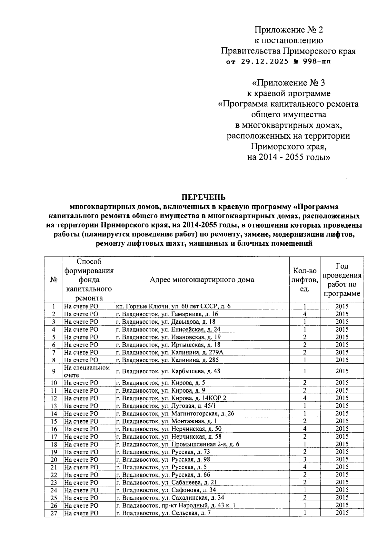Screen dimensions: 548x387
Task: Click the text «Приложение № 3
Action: click(288, 83)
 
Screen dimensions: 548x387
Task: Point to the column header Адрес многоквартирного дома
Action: click(202, 280)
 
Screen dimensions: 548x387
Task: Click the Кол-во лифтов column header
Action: click(304, 280)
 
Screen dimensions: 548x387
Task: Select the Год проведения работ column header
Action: click(342, 280)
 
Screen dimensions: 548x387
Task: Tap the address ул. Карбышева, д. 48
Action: click(168, 371)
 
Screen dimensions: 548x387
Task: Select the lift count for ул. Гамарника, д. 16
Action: click(304, 314)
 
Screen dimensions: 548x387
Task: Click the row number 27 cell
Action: click(54, 513)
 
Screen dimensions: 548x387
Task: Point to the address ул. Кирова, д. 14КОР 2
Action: click(171, 398)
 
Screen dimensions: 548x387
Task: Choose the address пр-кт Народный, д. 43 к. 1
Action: click(176, 505)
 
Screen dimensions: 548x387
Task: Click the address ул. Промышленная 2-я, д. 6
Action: click(178, 444)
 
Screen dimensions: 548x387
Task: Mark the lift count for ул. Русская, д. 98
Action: click(304, 459)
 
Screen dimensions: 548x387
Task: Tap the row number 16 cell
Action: click(54, 429)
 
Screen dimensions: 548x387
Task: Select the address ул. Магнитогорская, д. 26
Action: click(175, 414)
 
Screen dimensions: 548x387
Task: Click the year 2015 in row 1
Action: click(342, 306)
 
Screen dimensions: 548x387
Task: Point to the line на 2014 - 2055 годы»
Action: click(288, 157)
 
